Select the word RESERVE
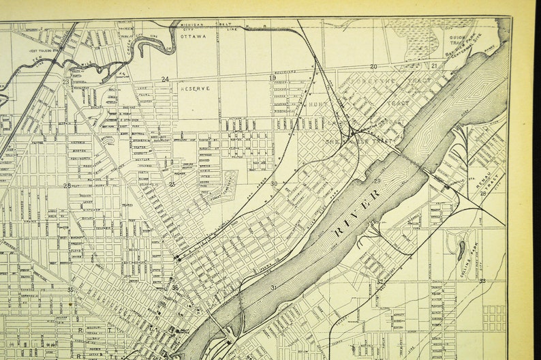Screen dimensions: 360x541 (196, 89)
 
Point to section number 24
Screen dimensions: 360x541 (165, 80)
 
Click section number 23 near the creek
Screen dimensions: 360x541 (66, 82)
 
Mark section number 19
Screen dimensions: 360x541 (273, 78)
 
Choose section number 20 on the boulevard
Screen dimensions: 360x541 (373, 67)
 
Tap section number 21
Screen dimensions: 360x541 (434, 66)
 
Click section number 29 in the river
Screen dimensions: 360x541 (377, 181)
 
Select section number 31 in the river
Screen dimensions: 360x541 (273, 288)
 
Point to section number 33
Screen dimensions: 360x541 (482, 281)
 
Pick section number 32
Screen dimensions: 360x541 (380, 282)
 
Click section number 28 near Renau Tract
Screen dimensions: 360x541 (482, 194)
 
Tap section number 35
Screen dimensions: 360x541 (70, 290)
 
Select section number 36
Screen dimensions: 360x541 (175, 288)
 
